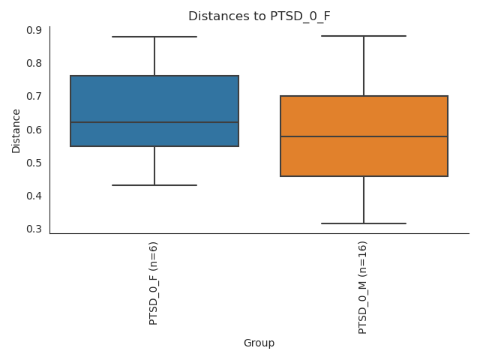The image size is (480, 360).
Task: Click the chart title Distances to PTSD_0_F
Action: click(259, 16)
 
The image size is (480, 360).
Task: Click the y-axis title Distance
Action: click(16, 130)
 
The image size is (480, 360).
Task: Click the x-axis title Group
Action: click(259, 343)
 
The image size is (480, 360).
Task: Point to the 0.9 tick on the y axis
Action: click(34, 30)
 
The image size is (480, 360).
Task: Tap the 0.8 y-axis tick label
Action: click(34, 63)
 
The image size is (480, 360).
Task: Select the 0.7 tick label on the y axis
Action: click(34, 96)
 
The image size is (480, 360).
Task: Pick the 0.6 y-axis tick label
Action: click(34, 130)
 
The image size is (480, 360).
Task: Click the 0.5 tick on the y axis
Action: click(34, 163)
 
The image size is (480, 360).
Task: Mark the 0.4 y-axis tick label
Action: click(34, 196)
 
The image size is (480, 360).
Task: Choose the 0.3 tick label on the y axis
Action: click(34, 229)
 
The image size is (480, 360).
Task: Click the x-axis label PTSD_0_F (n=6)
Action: click(154, 283)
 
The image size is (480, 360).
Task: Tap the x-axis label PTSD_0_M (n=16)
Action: click(363, 287)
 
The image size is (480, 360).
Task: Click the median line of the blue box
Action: click(154, 122)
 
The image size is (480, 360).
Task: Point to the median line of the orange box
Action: click(364, 136)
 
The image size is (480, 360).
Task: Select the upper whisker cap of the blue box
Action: click(154, 37)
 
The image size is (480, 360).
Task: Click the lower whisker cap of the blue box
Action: click(154, 185)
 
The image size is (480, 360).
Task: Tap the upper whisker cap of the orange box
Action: click(364, 36)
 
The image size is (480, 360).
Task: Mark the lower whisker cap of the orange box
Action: click(364, 223)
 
